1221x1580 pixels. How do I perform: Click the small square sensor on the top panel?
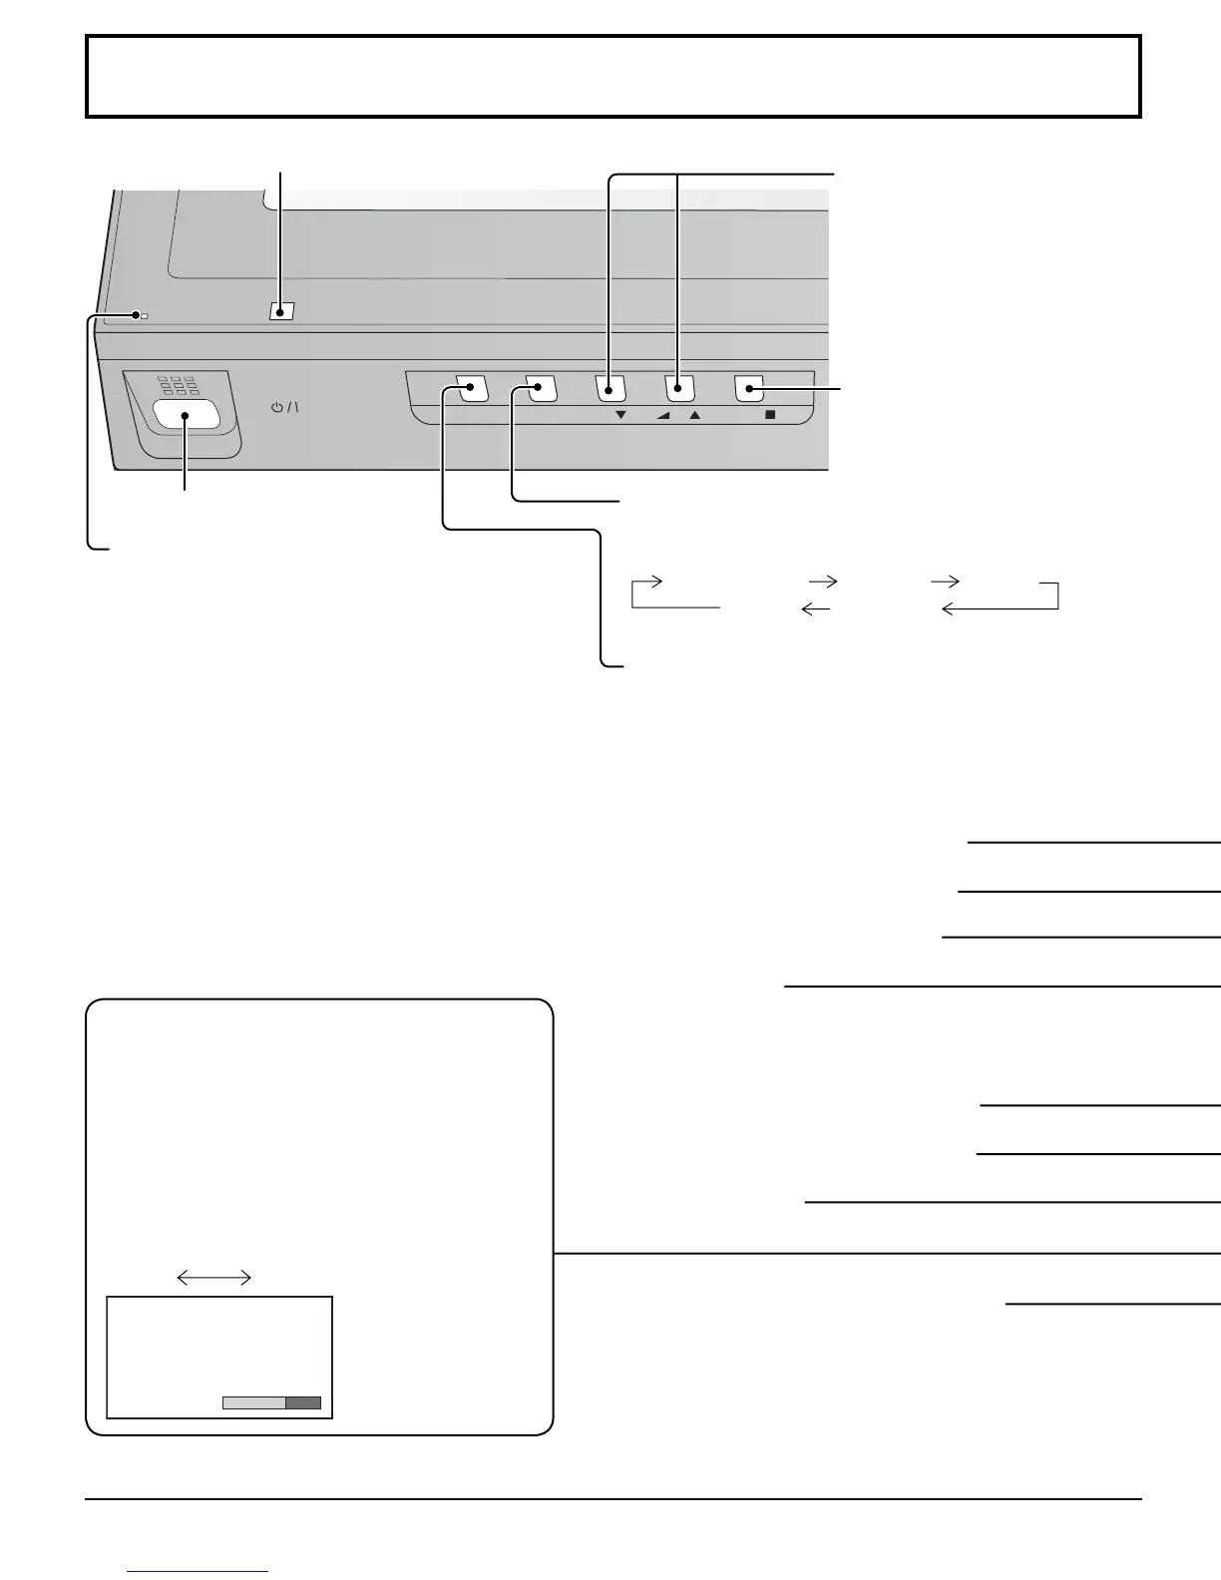tap(281, 311)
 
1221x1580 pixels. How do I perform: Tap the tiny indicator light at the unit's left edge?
tap(145, 316)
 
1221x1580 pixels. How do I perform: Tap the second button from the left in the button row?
tap(541, 388)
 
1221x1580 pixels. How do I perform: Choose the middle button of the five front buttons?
tap(610, 388)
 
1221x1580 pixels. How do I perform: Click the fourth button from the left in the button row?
tap(679, 388)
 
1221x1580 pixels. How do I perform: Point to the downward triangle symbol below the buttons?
tap(620, 415)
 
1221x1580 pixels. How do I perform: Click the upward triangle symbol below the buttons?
tap(695, 415)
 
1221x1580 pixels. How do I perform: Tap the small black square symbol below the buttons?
tap(769, 415)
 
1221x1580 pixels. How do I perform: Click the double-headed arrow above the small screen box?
tap(213, 1277)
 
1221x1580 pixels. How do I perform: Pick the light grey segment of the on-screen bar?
tap(253, 1402)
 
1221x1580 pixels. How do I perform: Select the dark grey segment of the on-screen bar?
tap(303, 1402)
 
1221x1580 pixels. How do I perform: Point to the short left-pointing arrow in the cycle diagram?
tap(816, 608)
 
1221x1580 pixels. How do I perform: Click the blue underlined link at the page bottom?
tap(198, 1571)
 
